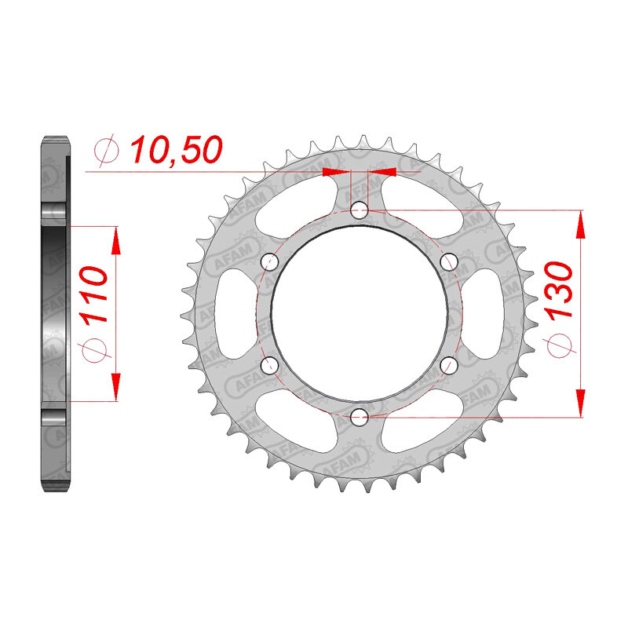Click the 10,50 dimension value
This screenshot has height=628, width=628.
point(175,150)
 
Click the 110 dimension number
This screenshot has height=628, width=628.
point(93,295)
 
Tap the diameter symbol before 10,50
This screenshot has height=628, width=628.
point(106,151)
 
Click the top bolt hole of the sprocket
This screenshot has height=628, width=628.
point(359,210)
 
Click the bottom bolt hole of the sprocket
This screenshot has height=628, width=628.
point(359,418)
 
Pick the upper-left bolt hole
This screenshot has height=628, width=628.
point(269,262)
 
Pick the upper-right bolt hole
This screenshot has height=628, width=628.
point(449,262)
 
